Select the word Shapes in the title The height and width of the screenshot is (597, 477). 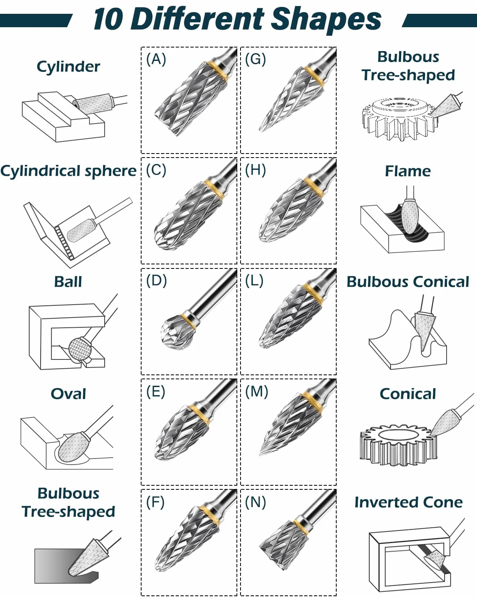[326, 20]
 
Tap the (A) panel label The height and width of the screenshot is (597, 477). [156, 59]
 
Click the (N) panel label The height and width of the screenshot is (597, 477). [255, 502]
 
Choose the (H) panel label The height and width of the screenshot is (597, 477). [255, 170]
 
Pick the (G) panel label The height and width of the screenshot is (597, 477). [255, 59]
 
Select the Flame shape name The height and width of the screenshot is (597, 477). [408, 171]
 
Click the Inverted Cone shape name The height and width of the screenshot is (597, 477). [408, 503]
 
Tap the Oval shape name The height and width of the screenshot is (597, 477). [68, 394]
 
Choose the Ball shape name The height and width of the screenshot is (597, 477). [68, 282]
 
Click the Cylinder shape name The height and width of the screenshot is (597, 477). [68, 67]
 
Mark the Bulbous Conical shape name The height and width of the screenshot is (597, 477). [408, 282]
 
